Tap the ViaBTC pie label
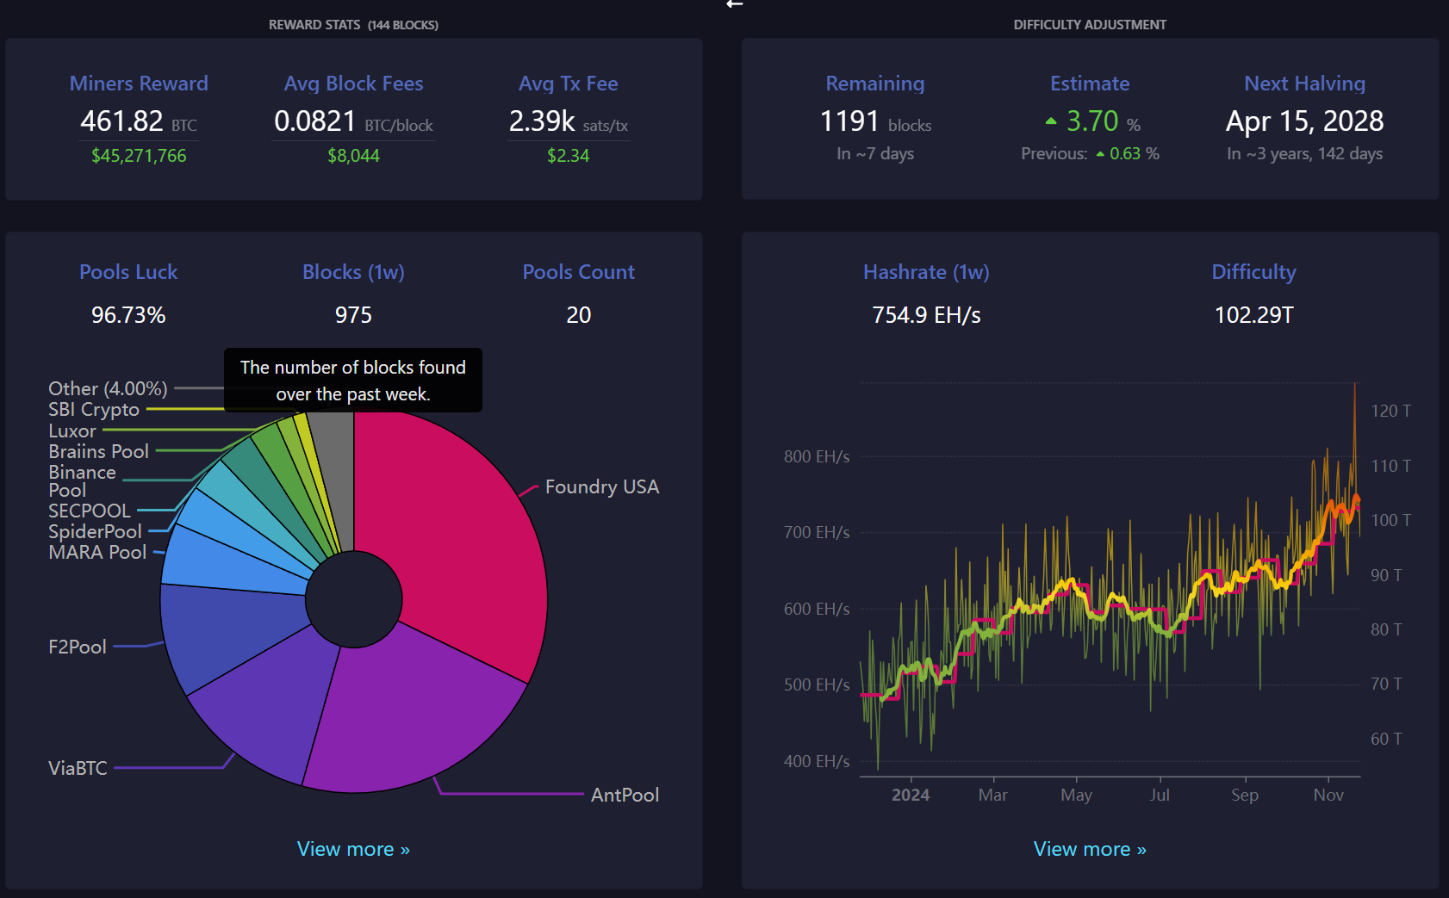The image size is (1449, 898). point(78,768)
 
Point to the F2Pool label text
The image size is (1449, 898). point(77,647)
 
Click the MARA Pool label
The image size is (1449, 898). point(97,552)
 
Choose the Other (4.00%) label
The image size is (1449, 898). point(108,388)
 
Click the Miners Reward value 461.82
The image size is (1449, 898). point(121,121)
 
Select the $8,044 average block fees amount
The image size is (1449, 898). point(353,156)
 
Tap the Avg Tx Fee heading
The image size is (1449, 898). point(568,84)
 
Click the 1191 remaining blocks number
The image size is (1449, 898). point(849,121)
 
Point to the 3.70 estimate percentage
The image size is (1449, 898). point(1092,121)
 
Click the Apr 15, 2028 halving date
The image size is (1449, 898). point(1305,121)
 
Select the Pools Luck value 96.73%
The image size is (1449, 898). point(128,315)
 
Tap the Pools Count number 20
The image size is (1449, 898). point(578,315)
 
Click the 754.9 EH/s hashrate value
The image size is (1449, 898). point(926,315)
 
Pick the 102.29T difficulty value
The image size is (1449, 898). point(1253,315)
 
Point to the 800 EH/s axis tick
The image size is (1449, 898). point(817,456)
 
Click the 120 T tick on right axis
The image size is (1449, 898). point(1390,411)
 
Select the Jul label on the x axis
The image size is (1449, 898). point(1160,795)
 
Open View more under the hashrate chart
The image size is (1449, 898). point(1090,849)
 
